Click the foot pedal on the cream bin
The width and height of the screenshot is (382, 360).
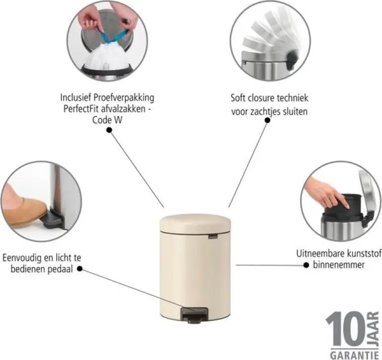(194, 315)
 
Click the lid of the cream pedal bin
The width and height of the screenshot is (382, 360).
(195, 223)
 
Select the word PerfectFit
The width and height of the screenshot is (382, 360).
(81, 109)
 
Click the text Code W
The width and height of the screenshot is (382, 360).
(107, 120)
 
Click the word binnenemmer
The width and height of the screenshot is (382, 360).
(339, 265)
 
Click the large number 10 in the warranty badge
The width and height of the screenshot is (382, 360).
(346, 329)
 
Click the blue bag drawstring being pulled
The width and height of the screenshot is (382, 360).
(114, 35)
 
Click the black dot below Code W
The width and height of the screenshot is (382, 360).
(109, 130)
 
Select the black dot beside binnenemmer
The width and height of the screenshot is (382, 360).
(306, 265)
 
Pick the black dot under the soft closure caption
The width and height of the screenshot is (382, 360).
(268, 120)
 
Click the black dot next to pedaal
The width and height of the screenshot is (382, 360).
(80, 269)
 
